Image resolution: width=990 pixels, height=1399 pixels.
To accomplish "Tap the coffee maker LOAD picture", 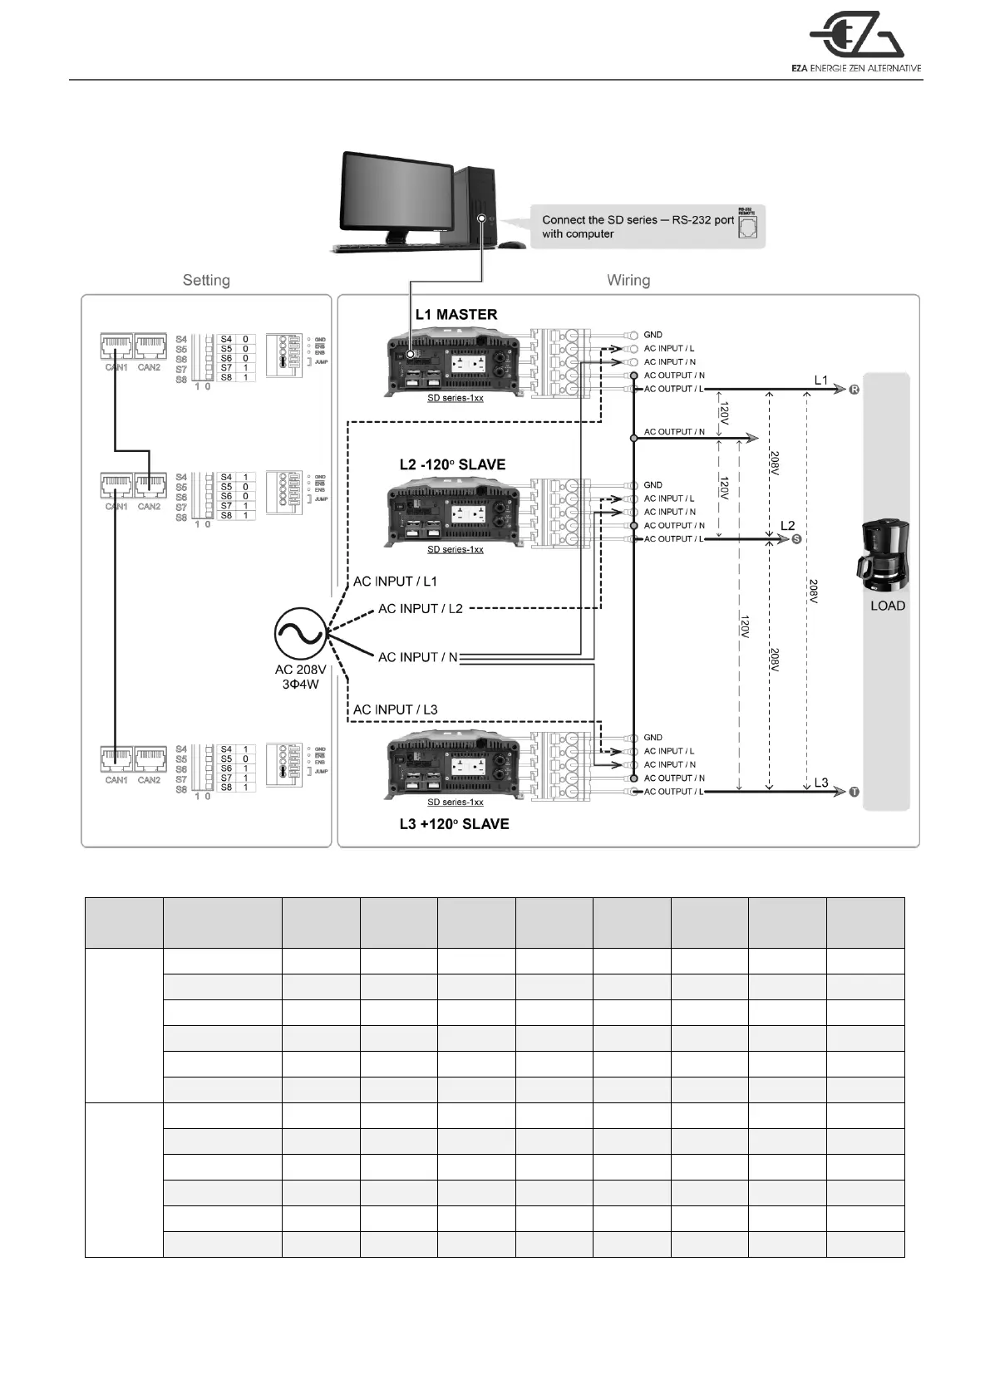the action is (x=884, y=553).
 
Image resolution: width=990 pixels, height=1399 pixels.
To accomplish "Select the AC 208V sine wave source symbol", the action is (x=299, y=634).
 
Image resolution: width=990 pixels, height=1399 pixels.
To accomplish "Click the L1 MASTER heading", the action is (x=456, y=315).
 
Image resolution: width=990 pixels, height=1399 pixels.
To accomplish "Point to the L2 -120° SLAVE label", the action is (x=452, y=464).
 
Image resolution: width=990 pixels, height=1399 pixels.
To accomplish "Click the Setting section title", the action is (x=206, y=281).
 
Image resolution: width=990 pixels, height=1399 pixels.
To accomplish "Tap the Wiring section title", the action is (x=628, y=281).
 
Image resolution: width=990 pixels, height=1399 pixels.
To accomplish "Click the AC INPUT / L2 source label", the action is (x=421, y=609).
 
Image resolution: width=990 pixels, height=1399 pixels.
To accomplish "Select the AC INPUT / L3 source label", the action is (x=395, y=709).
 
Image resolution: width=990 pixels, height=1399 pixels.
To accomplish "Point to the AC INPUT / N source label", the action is (x=417, y=657).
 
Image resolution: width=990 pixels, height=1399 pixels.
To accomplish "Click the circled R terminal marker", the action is (x=855, y=390).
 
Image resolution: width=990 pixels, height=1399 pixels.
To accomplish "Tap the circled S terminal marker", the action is (x=796, y=539).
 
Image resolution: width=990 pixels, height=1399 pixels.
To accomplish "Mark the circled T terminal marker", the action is (x=855, y=792).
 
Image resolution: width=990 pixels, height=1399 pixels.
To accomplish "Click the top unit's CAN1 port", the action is (x=116, y=346).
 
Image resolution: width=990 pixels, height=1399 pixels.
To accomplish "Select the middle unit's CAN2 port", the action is (x=150, y=485).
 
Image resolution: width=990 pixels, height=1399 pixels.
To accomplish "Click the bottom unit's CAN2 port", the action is (x=150, y=758).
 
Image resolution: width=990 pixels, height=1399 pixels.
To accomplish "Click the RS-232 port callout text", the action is (x=638, y=227).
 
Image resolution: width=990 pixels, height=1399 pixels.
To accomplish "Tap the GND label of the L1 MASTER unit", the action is (x=653, y=335).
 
